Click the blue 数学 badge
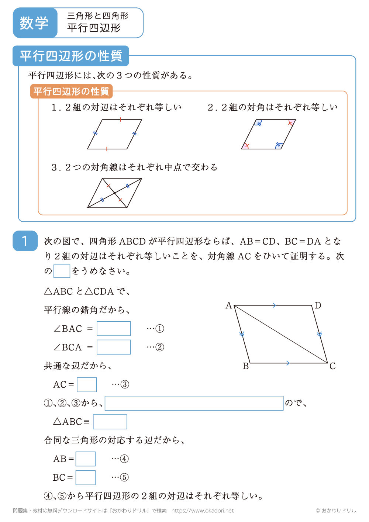pos(35,23)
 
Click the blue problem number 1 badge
pos(25,241)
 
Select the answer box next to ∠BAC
pos(114,328)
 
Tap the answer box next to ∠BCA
pos(114,347)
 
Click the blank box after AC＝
pos(87,384)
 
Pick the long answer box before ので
pos(194,403)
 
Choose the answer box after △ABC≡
pos(110,422)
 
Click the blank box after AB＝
pos(86,459)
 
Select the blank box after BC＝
pos(86,477)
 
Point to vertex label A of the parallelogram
pos(229,305)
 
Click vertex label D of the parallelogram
pos(318,305)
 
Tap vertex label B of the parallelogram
pos(246,366)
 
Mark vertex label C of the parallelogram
pos(332,366)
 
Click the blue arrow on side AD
pos(274,305)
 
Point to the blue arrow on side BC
pos(288,363)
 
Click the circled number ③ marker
pos(125,384)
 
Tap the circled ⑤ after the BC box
pos(124,477)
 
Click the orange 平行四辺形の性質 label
pos(71,91)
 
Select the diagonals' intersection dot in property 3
pos(115,193)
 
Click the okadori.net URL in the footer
pos(203,511)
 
